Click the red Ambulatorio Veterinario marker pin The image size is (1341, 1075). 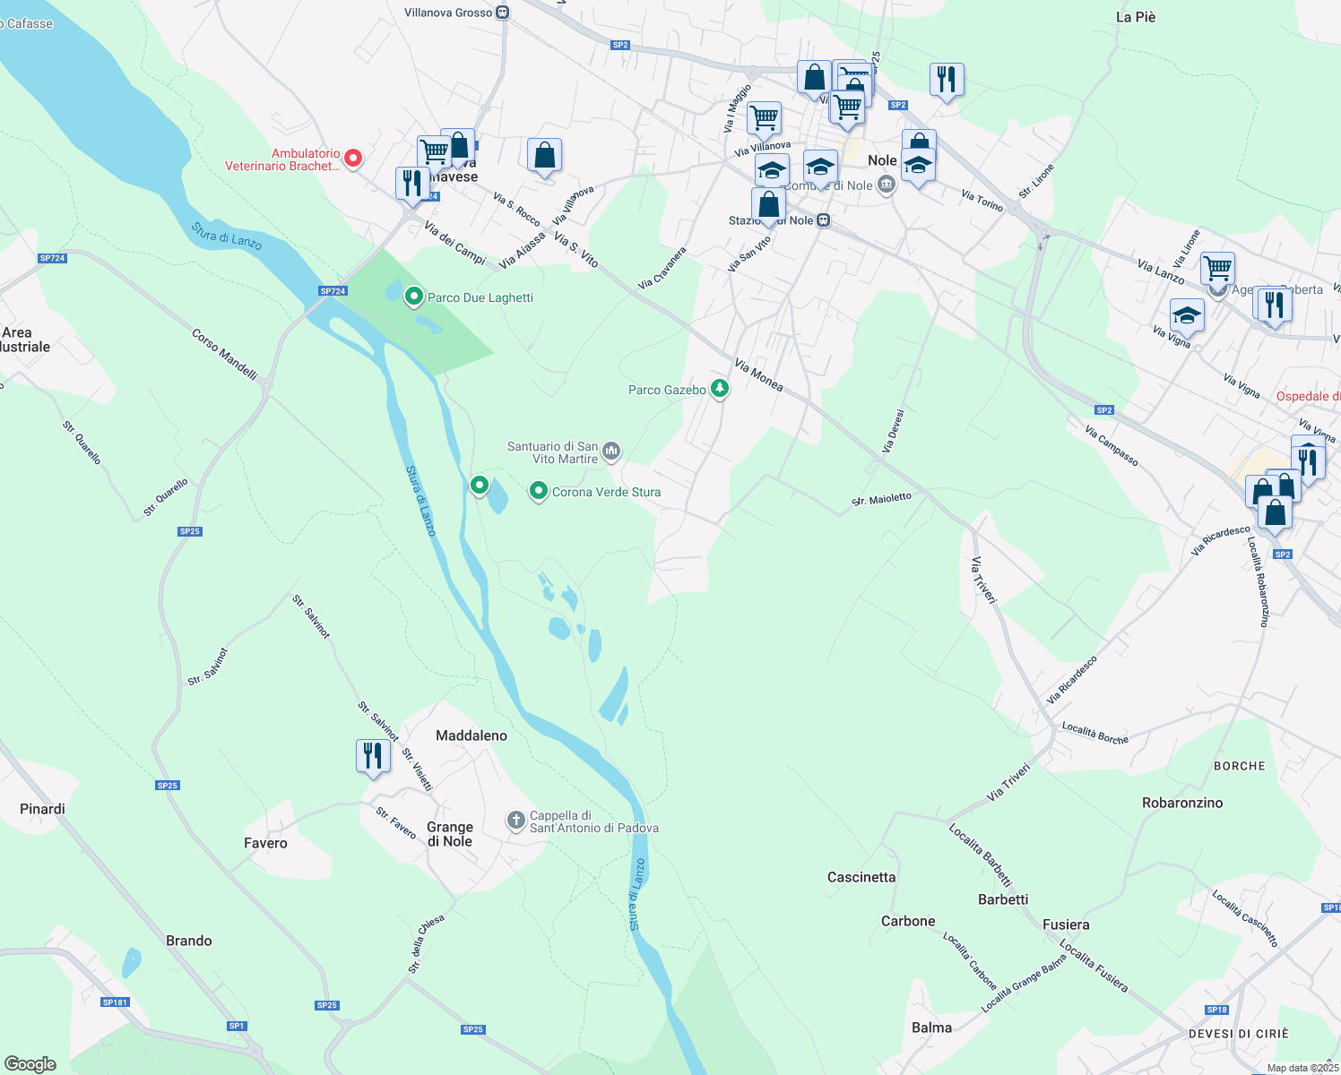pyautogui.click(x=353, y=159)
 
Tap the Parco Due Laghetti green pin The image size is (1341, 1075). pyautogui.click(x=414, y=296)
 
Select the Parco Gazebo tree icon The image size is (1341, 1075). pyautogui.click(x=719, y=388)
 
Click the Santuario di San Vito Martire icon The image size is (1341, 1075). pyautogui.click(x=611, y=450)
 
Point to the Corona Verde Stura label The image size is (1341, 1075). pyautogui.click(x=606, y=492)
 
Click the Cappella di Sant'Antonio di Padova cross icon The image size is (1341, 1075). pyautogui.click(x=515, y=820)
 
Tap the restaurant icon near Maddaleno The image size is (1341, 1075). pyautogui.click(x=372, y=756)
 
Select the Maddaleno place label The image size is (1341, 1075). pyautogui.click(x=472, y=735)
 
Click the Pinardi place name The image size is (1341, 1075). pyautogui.click(x=42, y=809)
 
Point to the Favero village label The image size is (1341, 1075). pyautogui.click(x=265, y=843)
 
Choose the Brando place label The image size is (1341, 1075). pyautogui.click(x=189, y=941)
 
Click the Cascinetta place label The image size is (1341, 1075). pyautogui.click(x=861, y=877)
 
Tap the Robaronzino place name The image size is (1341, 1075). pyautogui.click(x=1182, y=803)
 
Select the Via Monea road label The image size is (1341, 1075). pyautogui.click(x=758, y=374)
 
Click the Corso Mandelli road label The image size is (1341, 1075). pyautogui.click(x=224, y=354)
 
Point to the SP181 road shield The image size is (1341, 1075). pyautogui.click(x=115, y=1002)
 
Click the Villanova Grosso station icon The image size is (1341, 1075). pyautogui.click(x=503, y=13)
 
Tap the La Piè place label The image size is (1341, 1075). pyautogui.click(x=1136, y=17)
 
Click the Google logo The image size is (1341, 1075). pyautogui.click(x=30, y=1064)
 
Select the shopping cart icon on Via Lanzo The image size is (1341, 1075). pyautogui.click(x=1217, y=267)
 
